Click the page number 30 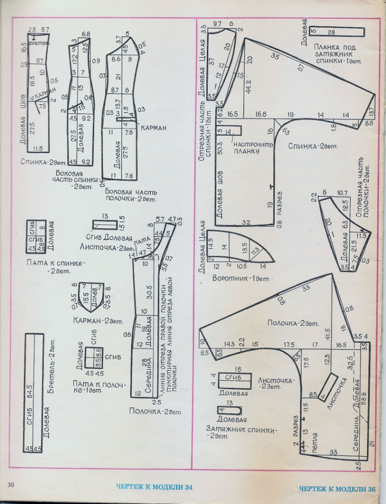(11, 485)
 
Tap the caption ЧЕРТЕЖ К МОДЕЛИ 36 (337, 489)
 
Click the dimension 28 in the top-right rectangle (332, 32)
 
